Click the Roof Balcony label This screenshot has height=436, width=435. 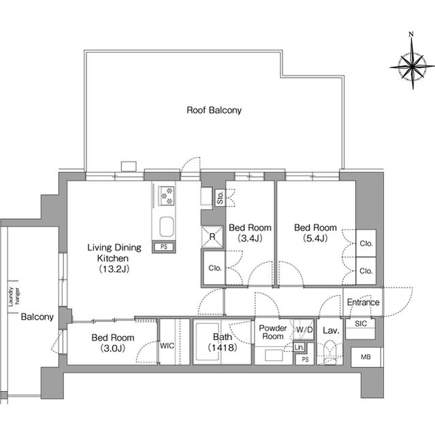(x=214, y=110)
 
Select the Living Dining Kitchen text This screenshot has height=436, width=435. (x=114, y=258)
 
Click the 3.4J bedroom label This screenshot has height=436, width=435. (x=250, y=233)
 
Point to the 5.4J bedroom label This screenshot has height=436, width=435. (x=315, y=233)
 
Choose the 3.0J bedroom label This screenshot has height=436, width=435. (x=113, y=343)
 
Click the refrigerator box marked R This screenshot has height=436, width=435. (x=212, y=236)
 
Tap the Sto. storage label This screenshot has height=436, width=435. (x=221, y=198)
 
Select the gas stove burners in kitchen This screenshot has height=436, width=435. (x=166, y=196)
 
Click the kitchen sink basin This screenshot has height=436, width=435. (x=167, y=227)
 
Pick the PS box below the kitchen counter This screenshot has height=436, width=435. (x=164, y=247)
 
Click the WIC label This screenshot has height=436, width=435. (x=167, y=345)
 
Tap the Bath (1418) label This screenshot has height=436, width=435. (x=222, y=342)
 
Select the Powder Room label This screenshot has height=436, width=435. (x=273, y=332)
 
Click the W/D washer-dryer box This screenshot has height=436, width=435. (x=304, y=330)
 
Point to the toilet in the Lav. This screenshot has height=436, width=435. (x=330, y=352)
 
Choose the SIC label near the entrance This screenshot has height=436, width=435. (x=361, y=324)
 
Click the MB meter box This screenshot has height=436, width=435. (x=366, y=357)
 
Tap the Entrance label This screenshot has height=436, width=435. (x=363, y=302)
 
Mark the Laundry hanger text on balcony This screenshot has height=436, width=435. (x=14, y=296)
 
